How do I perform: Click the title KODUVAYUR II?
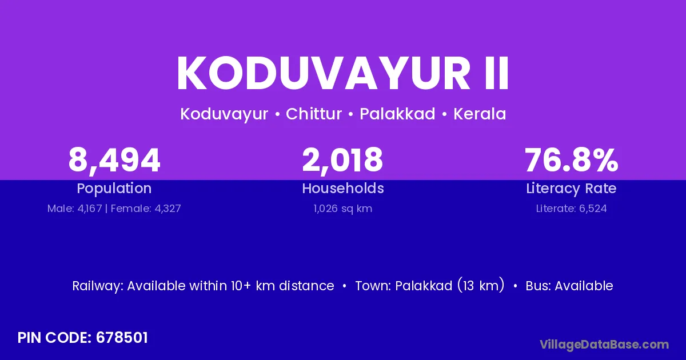click(x=342, y=73)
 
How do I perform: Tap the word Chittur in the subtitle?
click(x=314, y=114)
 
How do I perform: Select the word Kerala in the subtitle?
click(x=480, y=114)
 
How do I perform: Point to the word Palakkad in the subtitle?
click(x=397, y=114)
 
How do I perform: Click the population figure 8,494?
click(x=114, y=161)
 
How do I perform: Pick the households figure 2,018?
click(x=342, y=161)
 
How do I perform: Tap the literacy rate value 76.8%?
click(x=571, y=160)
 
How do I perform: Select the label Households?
click(x=342, y=188)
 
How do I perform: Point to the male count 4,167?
click(x=89, y=209)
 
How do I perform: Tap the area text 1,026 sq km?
click(x=342, y=209)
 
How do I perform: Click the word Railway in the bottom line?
click(x=97, y=286)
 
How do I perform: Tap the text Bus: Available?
click(x=569, y=286)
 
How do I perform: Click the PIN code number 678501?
click(x=122, y=338)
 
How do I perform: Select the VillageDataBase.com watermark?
click(x=604, y=345)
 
